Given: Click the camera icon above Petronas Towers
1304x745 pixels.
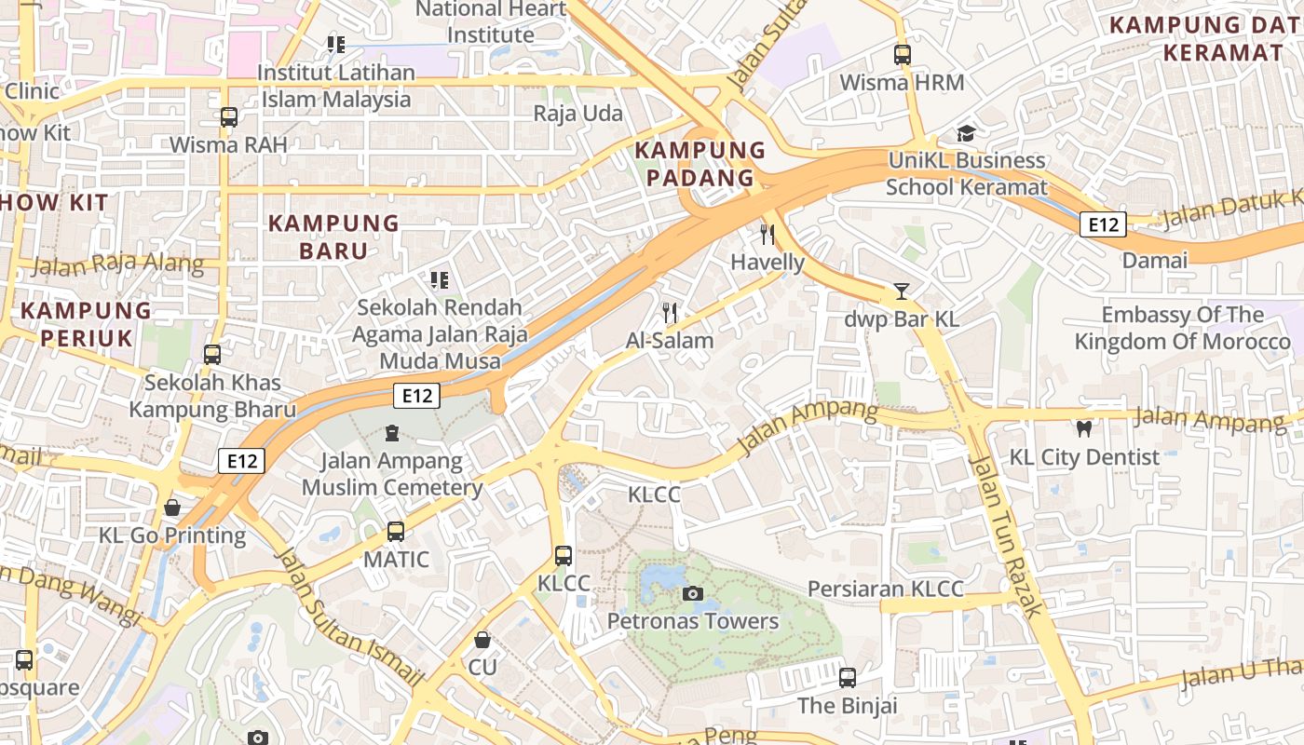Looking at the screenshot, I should point(692,593).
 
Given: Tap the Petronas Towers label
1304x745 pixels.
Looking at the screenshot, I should point(692,621).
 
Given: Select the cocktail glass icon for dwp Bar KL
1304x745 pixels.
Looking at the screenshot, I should point(901,291).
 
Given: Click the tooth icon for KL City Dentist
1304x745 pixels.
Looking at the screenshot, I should point(1083,429).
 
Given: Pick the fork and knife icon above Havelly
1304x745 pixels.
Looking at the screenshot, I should point(767,235).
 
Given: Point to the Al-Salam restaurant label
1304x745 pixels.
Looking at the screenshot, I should point(669,341).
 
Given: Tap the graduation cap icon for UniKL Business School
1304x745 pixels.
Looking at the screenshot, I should point(966,133).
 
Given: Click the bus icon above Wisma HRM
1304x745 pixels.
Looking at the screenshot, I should point(902,55).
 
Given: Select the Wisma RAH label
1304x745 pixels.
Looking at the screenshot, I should point(228,145).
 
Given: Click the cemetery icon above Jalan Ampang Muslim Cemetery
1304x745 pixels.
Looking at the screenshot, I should point(392,433).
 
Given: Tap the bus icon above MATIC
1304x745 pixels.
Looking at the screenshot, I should point(396,532).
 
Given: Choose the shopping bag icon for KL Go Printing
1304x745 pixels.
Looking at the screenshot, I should point(172,508).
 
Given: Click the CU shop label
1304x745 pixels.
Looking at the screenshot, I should point(482,668).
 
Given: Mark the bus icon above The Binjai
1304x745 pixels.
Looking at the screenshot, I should point(848,678).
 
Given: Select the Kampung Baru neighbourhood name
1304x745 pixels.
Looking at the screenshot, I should point(333,237).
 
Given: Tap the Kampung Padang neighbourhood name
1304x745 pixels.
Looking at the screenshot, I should point(700,164).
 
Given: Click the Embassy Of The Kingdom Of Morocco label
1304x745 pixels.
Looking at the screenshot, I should point(1182,328).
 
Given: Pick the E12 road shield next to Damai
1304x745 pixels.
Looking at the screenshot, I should point(1103,224).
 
